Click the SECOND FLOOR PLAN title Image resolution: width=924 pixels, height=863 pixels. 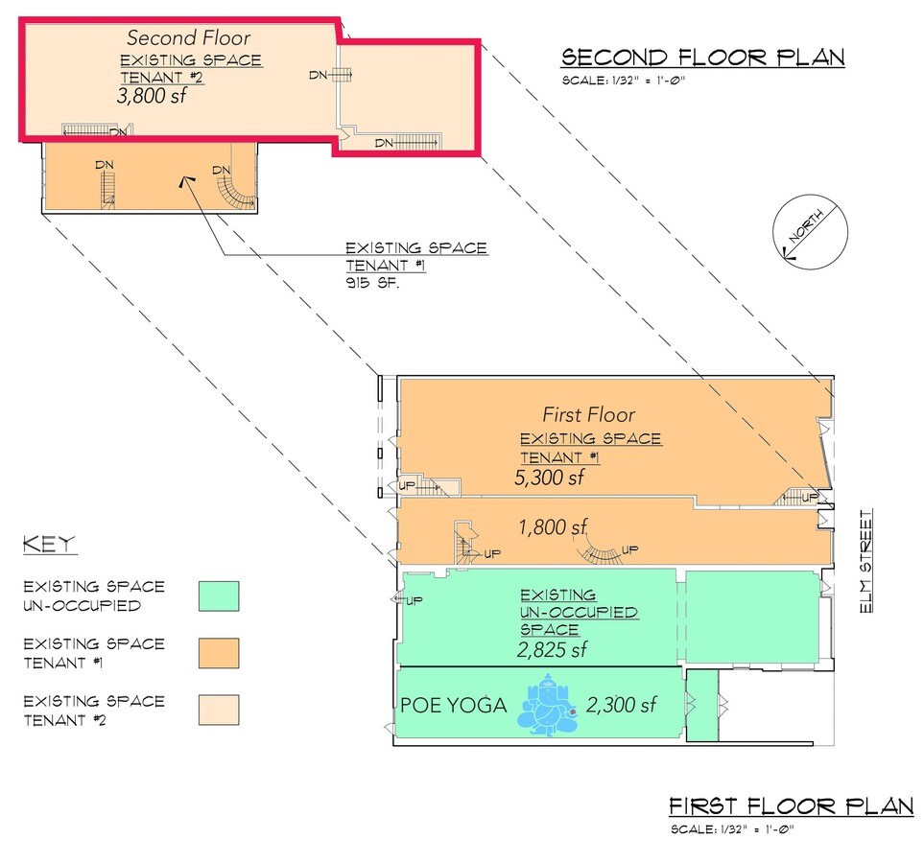(x=702, y=58)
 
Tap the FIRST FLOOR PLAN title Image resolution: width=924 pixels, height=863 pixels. (x=791, y=805)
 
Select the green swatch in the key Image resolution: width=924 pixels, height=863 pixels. (x=218, y=595)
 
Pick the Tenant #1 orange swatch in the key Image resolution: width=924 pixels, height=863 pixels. (x=218, y=652)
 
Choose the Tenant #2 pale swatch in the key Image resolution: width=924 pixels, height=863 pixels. (x=218, y=710)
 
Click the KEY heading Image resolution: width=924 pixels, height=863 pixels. (x=49, y=545)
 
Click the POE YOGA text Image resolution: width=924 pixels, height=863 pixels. (x=453, y=707)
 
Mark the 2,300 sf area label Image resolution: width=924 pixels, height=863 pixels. (x=623, y=706)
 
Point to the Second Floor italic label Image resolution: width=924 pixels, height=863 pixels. (x=189, y=38)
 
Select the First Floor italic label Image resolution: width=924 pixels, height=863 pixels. (x=588, y=415)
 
